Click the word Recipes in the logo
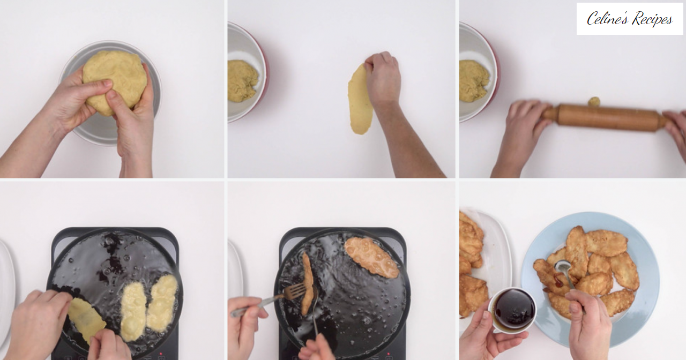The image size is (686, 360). click(x=652, y=19)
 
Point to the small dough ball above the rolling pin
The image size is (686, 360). click(x=594, y=101)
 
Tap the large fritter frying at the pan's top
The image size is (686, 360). click(x=371, y=257)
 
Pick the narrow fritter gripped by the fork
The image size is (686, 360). click(x=308, y=283)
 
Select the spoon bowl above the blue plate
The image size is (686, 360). click(x=563, y=266)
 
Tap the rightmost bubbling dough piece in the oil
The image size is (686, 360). click(x=162, y=303)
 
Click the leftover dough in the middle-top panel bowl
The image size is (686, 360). click(x=242, y=81)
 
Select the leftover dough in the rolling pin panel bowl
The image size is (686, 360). click(x=473, y=81)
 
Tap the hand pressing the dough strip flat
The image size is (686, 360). click(x=382, y=78)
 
